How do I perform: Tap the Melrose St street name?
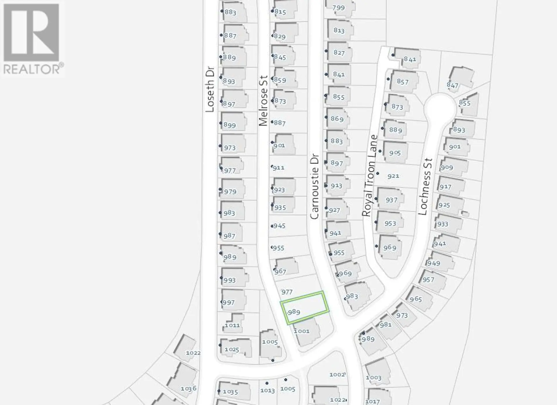(263, 101)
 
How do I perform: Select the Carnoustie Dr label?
(314, 187)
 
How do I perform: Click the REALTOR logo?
(32, 39)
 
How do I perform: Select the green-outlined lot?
(305, 307)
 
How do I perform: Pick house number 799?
(339, 8)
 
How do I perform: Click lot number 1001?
(302, 331)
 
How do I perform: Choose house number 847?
(453, 85)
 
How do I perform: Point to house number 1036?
(189, 388)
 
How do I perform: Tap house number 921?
(393, 176)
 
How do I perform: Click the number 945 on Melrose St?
(279, 226)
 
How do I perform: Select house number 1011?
(232, 325)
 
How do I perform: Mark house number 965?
(416, 299)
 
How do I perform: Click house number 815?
(280, 12)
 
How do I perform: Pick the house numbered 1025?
(232, 349)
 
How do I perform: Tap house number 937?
(391, 200)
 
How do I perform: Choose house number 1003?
(373, 377)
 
